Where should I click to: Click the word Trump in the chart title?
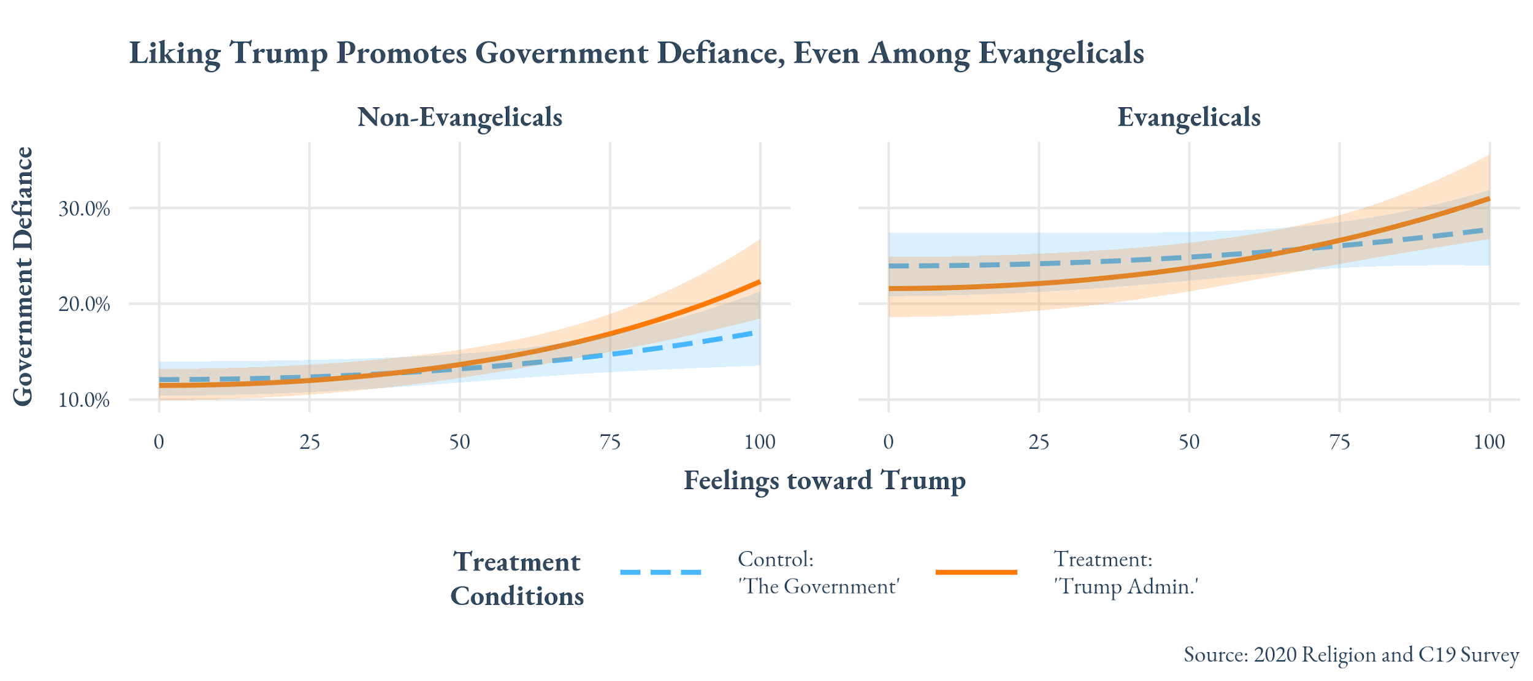[x=278, y=53]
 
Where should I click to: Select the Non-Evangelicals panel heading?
[x=459, y=117]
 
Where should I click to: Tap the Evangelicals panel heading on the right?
[x=1188, y=117]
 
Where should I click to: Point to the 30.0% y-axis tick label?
[x=84, y=209]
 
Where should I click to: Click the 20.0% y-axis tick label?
[x=84, y=304]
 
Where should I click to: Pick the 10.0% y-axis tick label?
[x=84, y=400]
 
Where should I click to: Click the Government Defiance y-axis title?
[x=23, y=276]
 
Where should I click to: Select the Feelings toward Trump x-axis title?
[x=824, y=481]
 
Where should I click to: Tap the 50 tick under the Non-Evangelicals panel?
[x=459, y=442]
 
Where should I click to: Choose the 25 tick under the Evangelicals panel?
[x=1038, y=442]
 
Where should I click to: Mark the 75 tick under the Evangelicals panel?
[x=1339, y=442]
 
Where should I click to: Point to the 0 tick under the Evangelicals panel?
[x=888, y=442]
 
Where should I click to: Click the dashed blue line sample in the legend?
[x=660, y=573]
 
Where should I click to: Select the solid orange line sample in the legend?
[x=976, y=573]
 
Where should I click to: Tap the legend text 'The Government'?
[x=819, y=587]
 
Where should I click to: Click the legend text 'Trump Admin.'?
[x=1126, y=587]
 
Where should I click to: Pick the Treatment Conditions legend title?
[x=517, y=579]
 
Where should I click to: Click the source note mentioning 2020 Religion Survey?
[x=1351, y=655]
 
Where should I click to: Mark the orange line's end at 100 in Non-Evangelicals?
[x=759, y=282]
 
